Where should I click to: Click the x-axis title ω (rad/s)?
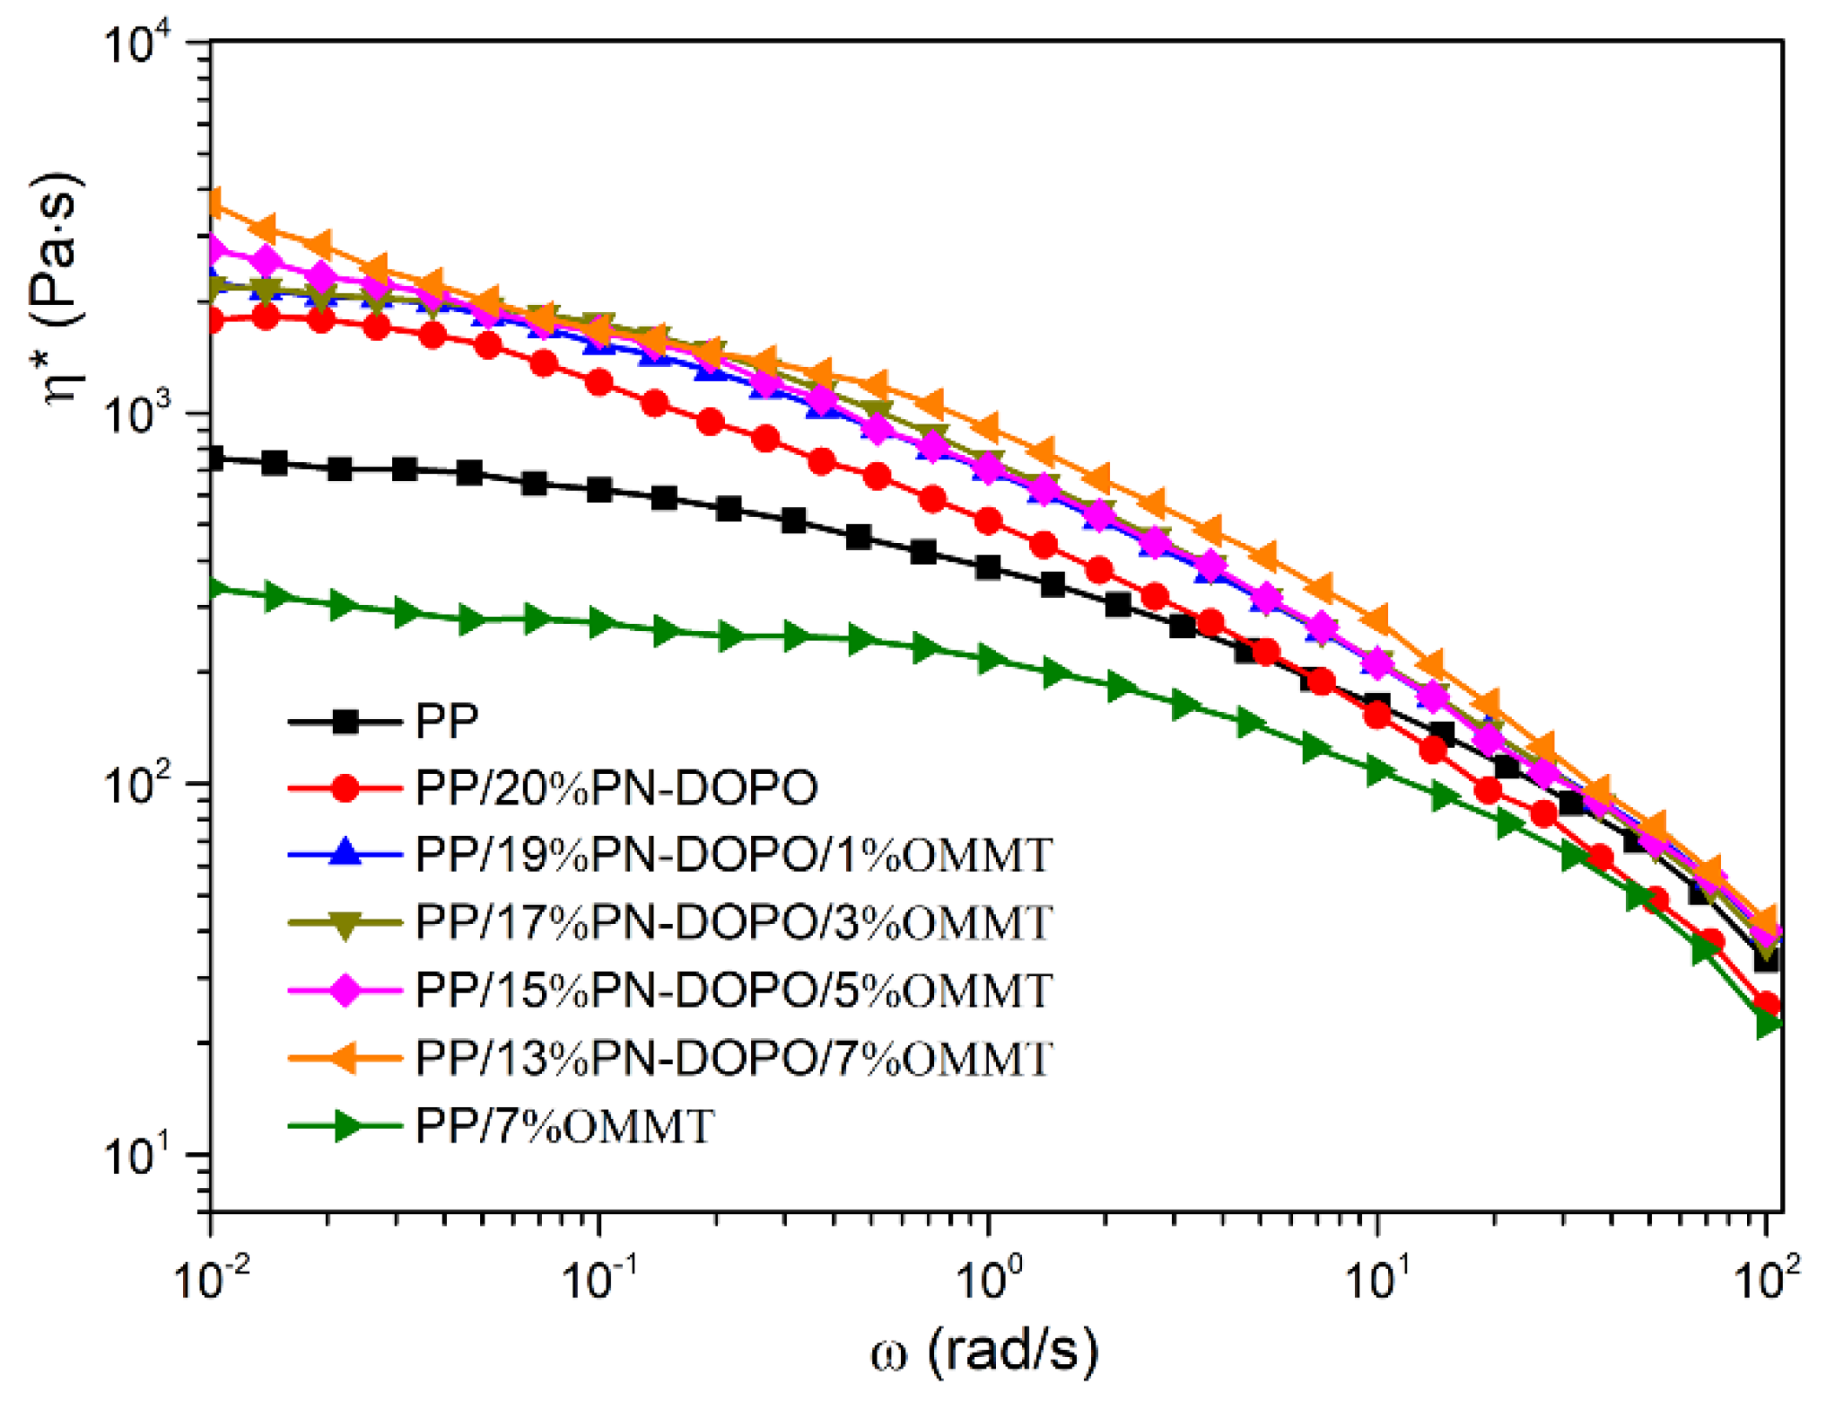(x=986, y=1352)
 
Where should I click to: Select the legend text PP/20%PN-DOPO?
(x=616, y=788)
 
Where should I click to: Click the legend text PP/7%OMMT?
(x=565, y=1126)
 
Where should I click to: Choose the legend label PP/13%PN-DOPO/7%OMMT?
(x=734, y=1058)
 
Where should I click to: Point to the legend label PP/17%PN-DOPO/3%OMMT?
(x=734, y=922)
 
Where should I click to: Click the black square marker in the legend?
(x=346, y=721)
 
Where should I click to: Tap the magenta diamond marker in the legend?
(x=346, y=990)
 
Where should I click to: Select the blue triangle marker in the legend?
(x=346, y=852)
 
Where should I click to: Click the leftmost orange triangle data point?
(x=213, y=203)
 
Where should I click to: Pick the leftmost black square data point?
(x=212, y=458)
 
